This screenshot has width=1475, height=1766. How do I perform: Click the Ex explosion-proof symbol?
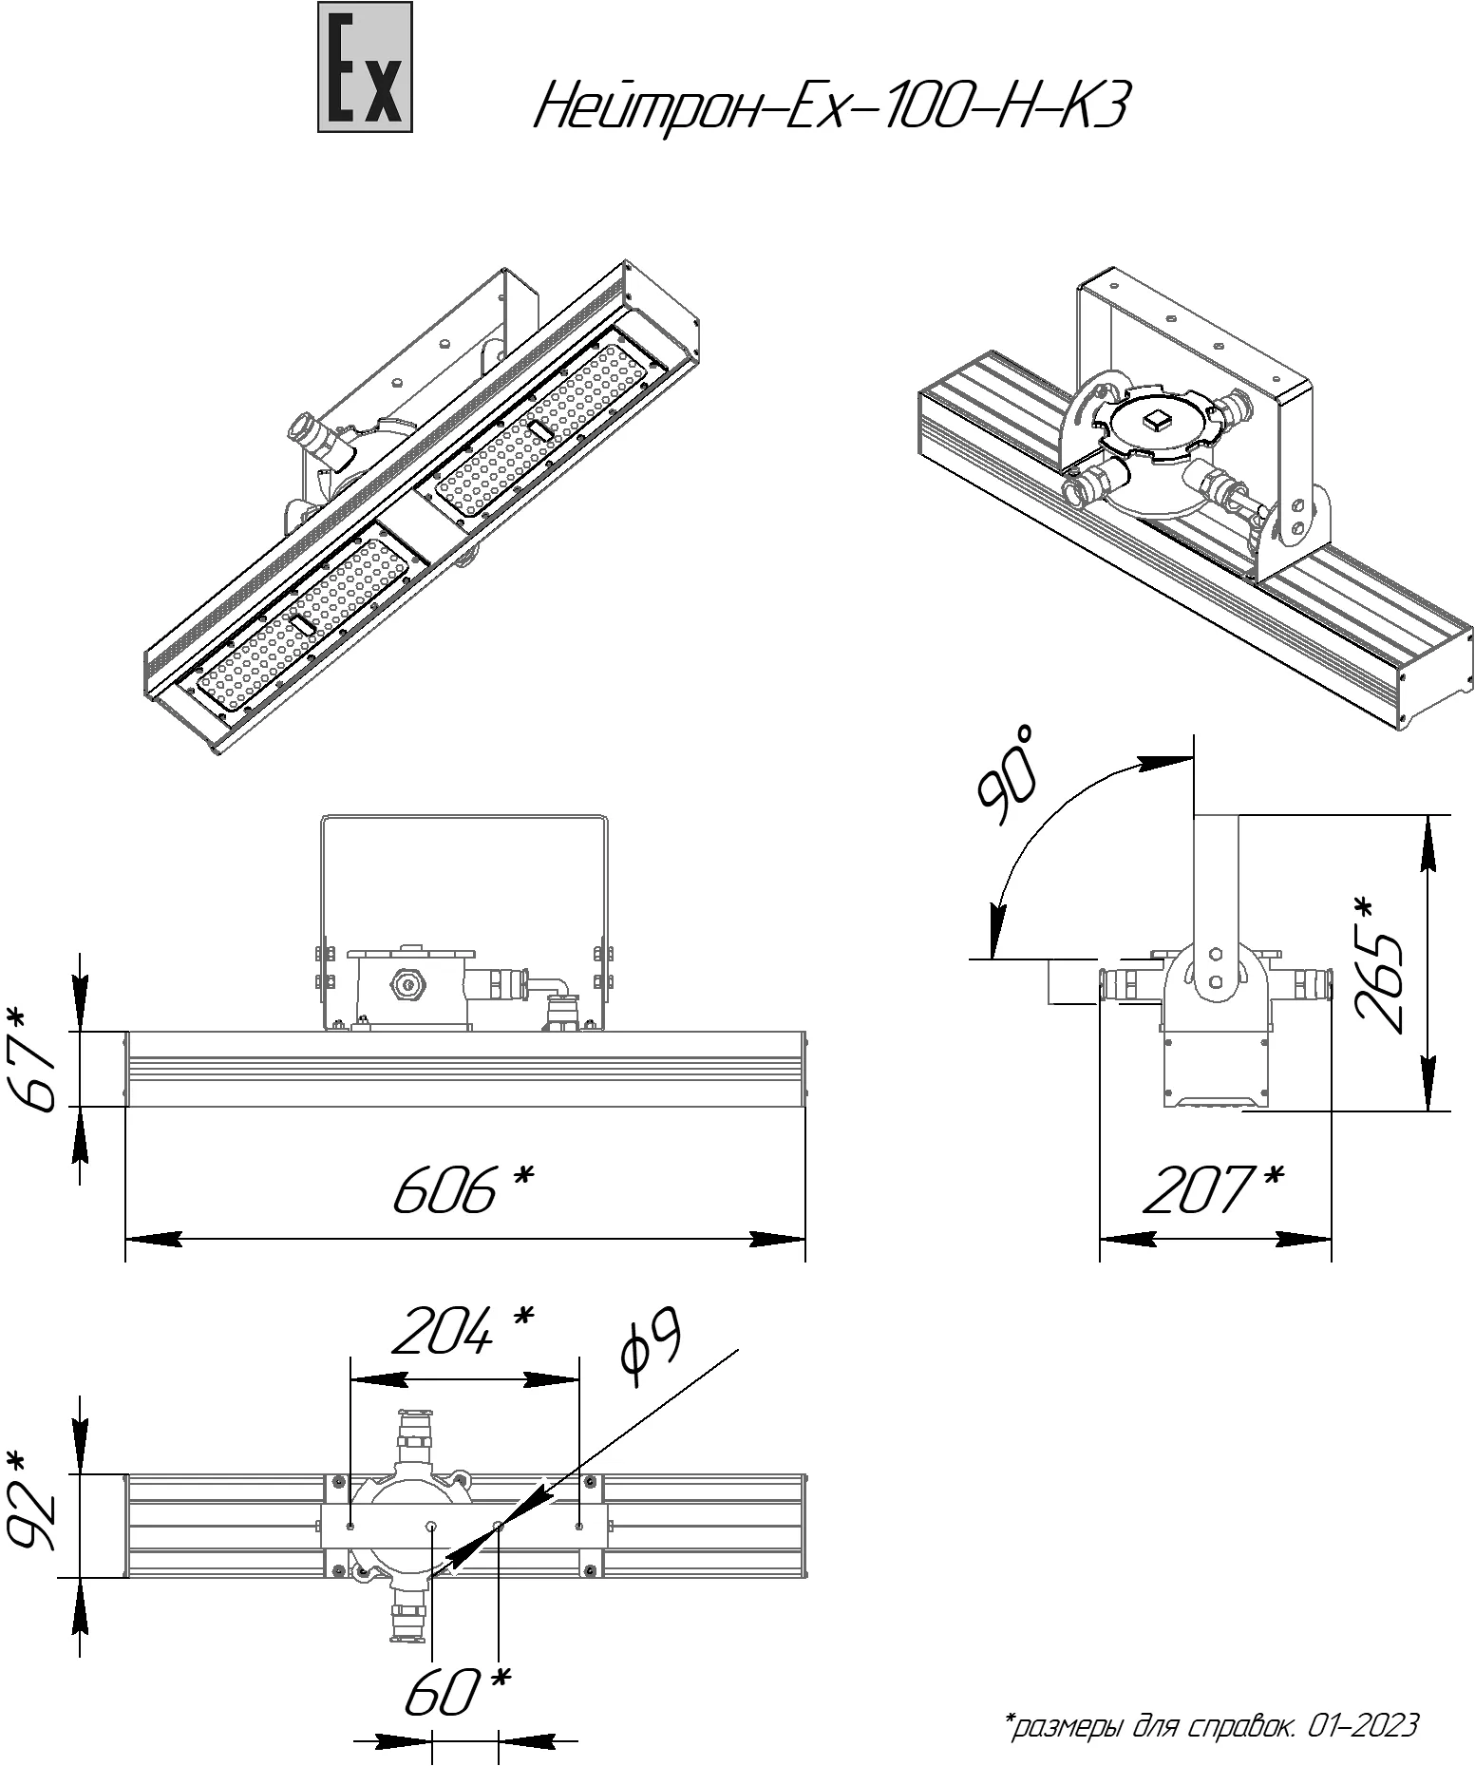click(x=365, y=66)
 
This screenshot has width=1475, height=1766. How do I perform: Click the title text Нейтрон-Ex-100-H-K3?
click(x=831, y=104)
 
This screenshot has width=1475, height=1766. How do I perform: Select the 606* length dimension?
click(x=463, y=1188)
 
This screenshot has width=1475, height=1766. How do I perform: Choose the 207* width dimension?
click(x=1213, y=1188)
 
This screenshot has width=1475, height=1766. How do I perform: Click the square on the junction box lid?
click(x=1157, y=418)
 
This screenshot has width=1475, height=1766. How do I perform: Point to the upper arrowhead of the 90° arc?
click(x=1164, y=763)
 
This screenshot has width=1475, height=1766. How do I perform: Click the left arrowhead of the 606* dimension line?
click(x=153, y=1239)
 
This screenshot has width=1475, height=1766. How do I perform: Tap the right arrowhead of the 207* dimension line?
click(x=1304, y=1239)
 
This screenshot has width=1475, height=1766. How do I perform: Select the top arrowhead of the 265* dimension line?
click(x=1428, y=842)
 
